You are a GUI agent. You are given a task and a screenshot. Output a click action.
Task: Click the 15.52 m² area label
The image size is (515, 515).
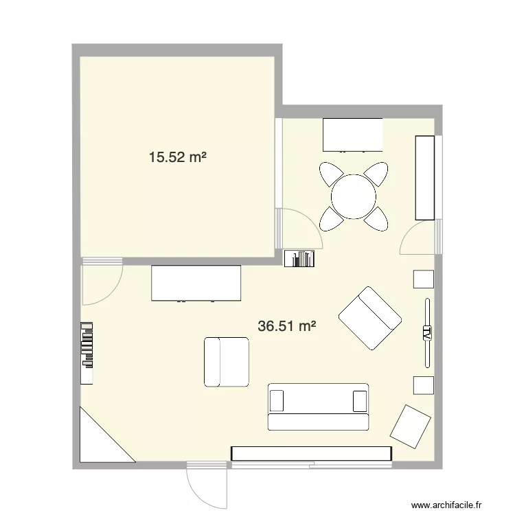click(178, 157)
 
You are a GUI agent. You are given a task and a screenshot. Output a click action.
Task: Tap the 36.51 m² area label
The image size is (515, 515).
click(287, 326)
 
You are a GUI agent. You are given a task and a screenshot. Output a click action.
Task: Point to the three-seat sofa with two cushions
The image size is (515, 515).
click(318, 407)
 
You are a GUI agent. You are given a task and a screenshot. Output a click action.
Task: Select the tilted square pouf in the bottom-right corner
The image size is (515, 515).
click(411, 426)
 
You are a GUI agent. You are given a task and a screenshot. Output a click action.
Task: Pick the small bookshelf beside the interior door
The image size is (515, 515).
click(300, 258)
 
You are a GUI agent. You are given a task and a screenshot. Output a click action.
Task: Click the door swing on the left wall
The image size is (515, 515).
click(100, 284)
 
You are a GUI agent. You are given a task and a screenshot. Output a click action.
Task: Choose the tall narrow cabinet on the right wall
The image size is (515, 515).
click(425, 177)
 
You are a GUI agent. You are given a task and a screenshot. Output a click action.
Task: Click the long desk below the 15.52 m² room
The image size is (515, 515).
click(197, 284)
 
